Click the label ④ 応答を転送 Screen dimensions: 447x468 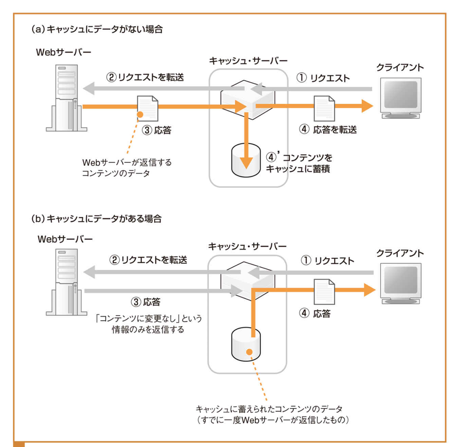328,130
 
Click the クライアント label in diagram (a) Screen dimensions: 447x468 400,68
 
